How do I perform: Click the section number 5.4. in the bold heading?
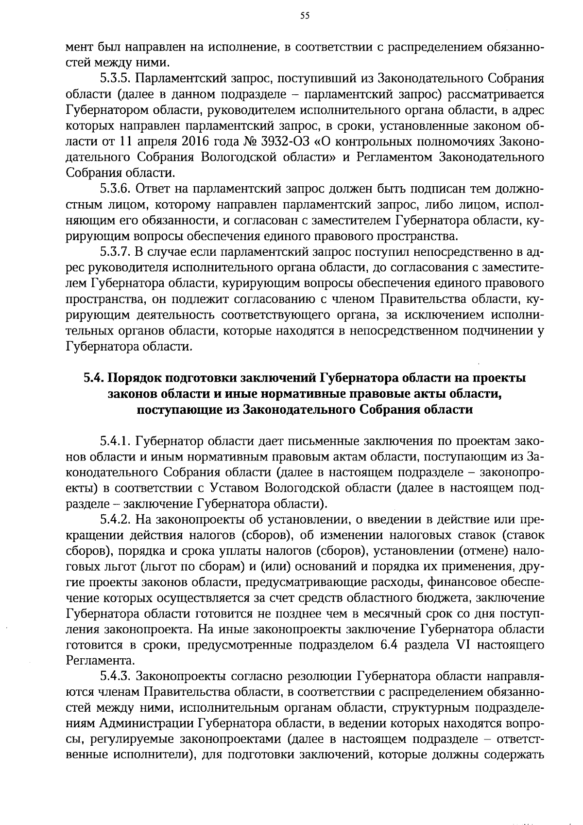coord(93,378)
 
